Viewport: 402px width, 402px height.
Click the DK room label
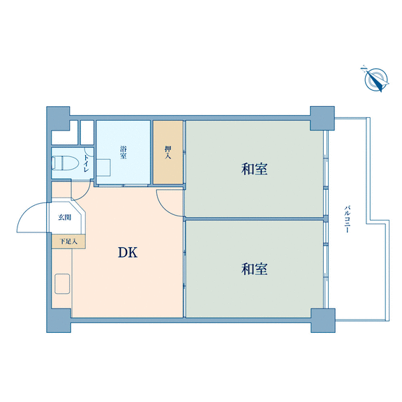point(128,252)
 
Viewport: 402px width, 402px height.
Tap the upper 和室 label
point(254,169)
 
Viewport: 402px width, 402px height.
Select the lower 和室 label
point(254,269)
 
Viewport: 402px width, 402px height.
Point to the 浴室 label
point(124,152)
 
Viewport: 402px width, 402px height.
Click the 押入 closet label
point(168,152)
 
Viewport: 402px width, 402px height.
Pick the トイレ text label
point(86,163)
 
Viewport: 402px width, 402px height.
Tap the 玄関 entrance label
point(64,218)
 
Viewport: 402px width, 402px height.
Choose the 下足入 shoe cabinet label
point(68,241)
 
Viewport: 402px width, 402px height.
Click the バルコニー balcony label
point(347,218)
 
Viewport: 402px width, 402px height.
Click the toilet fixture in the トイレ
point(65,163)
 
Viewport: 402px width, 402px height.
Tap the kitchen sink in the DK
point(62,283)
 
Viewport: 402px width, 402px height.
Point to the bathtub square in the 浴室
point(104,167)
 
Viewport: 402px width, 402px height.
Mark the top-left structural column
point(58,118)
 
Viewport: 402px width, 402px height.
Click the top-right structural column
point(322,118)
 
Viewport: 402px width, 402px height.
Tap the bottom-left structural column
point(59,321)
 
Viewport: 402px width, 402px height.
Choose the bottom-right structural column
point(323,321)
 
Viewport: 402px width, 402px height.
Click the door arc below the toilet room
point(84,195)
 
